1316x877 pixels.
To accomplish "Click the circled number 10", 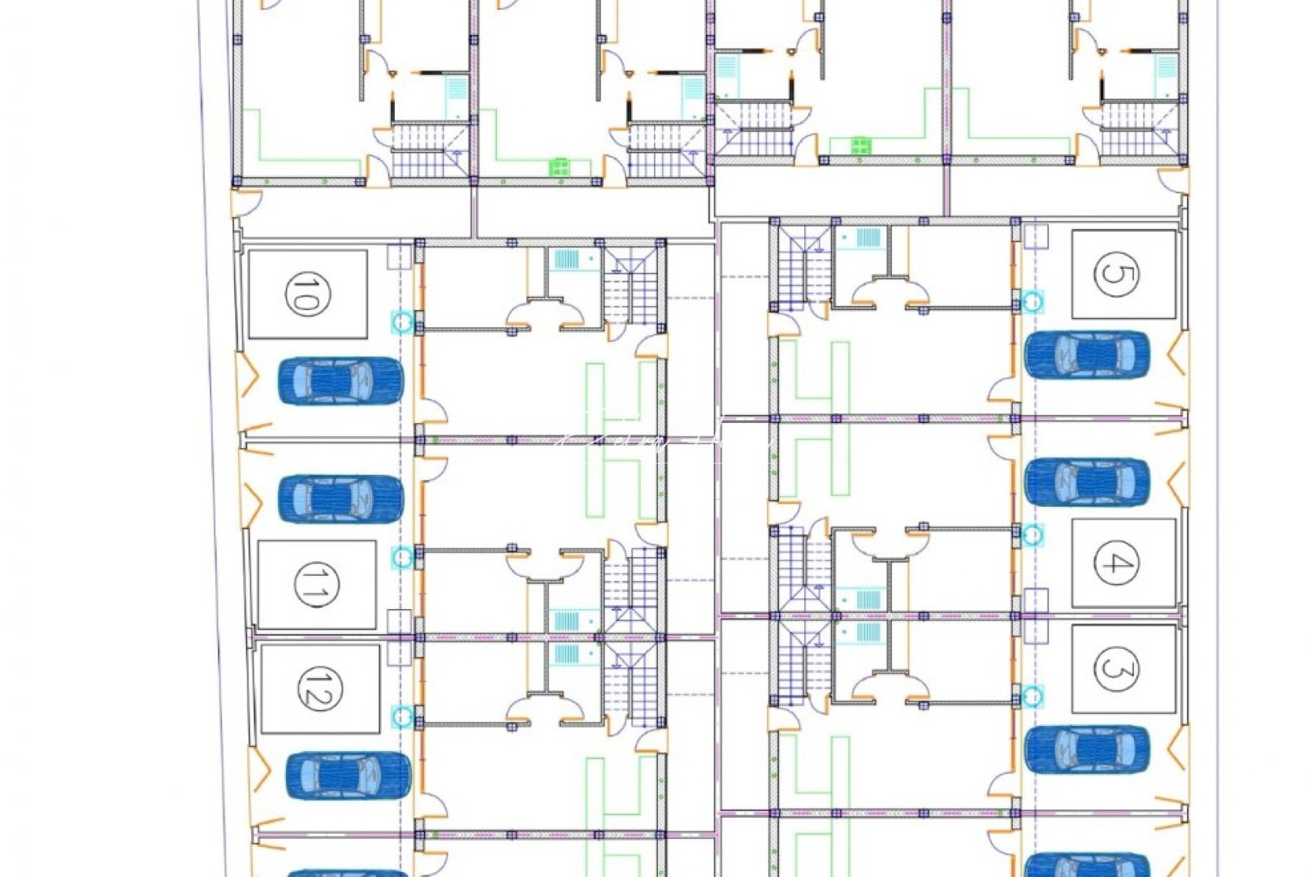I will (x=303, y=294).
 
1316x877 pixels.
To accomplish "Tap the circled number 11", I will (x=310, y=584).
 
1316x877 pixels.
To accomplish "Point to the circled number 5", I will (x=1116, y=274).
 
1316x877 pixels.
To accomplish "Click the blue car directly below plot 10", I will (x=341, y=381).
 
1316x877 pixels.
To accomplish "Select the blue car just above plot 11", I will (x=341, y=498).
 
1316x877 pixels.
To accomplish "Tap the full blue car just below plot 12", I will (x=348, y=775).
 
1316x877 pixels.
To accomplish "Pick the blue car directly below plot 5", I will (x=1087, y=354).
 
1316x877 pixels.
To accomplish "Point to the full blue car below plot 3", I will (x=1087, y=749).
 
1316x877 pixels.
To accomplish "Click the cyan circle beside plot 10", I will (x=402, y=322).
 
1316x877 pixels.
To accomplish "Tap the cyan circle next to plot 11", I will (x=402, y=557).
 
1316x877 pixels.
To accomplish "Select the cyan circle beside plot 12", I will (x=402, y=715).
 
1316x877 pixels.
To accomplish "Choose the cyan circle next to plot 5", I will (x=1033, y=302).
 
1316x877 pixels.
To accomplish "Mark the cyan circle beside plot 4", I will (x=1032, y=534).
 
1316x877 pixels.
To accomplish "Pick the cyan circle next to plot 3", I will (x=1032, y=696).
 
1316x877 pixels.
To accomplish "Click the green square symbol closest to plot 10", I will (x=560, y=167).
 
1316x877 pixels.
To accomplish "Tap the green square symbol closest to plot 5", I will (x=860, y=146).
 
